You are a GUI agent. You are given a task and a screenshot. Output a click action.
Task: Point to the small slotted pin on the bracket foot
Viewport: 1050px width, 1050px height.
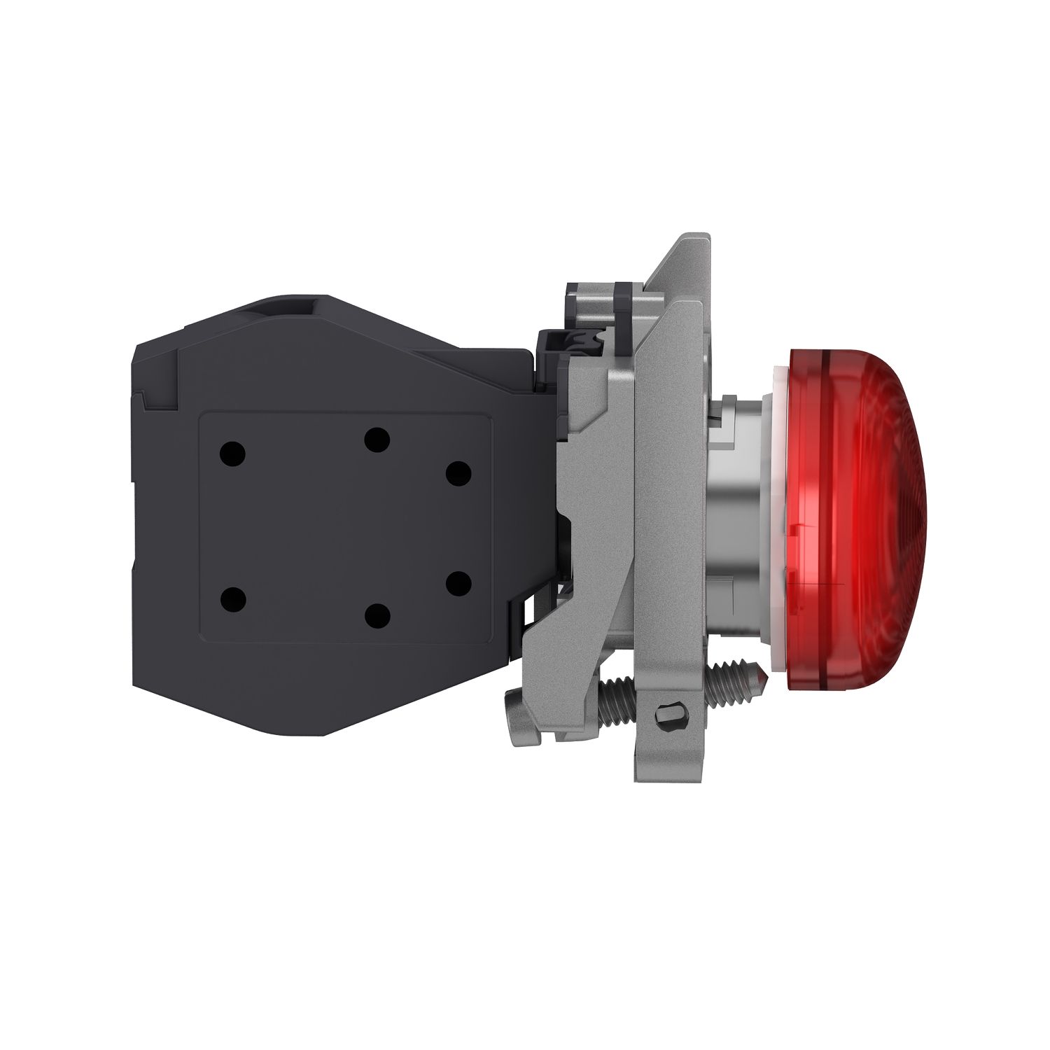coord(663,715)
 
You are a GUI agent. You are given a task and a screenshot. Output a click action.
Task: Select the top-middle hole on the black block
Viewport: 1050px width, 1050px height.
coord(377,440)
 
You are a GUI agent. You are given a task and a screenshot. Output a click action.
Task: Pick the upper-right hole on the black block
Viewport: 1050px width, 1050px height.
coord(458,473)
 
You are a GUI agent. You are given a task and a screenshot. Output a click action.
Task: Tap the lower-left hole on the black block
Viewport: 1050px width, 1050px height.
coord(232,600)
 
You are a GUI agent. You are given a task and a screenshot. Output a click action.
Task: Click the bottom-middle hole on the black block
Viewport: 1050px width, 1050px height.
coord(377,615)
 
